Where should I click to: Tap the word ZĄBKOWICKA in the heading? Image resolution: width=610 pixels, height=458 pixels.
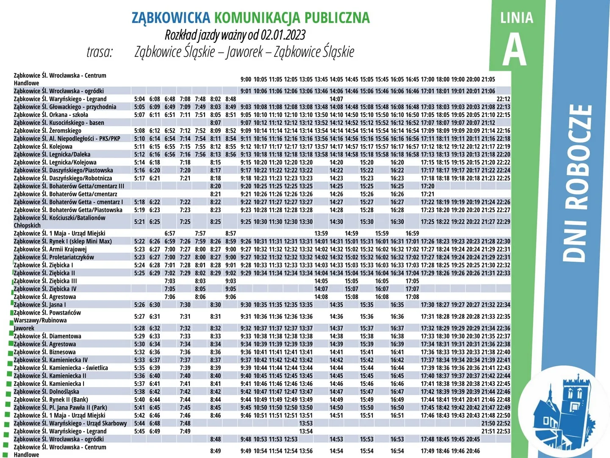click(170, 17)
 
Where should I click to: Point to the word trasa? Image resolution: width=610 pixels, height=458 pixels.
click(100, 52)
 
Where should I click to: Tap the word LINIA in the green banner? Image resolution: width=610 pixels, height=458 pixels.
click(516, 18)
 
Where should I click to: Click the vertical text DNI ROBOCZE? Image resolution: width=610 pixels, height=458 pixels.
click(577, 182)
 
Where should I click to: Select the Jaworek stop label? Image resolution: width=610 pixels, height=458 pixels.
click(24, 328)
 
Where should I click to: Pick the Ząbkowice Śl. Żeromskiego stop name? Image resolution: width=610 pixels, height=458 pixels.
click(47, 131)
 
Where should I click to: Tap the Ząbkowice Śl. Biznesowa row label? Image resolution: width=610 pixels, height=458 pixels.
click(44, 352)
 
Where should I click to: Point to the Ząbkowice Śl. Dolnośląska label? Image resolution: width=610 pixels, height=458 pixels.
click(46, 391)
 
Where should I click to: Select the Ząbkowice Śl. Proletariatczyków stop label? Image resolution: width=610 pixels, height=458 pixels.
click(54, 257)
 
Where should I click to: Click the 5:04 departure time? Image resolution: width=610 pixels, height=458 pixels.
click(139, 99)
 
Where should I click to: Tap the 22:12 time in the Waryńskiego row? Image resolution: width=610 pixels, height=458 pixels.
click(503, 99)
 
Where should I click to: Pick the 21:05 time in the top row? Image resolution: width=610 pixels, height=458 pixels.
click(488, 79)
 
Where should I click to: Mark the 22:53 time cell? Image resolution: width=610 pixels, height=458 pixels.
click(503, 431)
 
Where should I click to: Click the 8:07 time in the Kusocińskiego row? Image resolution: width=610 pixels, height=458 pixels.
click(215, 123)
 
